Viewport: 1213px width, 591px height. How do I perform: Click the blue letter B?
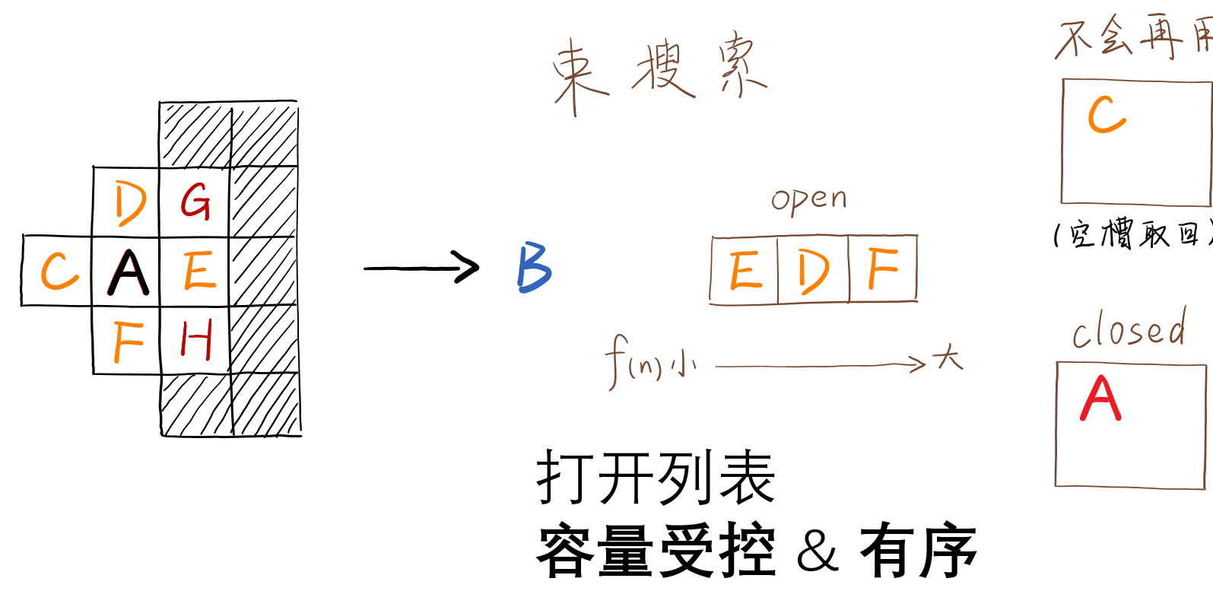tap(534, 268)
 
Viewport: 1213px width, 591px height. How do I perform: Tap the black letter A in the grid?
tap(128, 272)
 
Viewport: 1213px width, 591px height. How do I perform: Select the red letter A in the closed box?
tap(1100, 399)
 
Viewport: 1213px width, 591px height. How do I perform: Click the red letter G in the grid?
tap(195, 202)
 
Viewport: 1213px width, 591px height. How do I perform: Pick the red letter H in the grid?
tap(195, 339)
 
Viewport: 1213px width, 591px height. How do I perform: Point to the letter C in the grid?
tap(59, 272)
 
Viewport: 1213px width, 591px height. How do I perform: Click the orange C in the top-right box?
tap(1106, 115)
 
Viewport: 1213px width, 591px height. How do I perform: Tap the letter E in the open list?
tap(745, 271)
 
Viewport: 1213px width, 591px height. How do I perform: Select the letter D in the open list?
tap(812, 272)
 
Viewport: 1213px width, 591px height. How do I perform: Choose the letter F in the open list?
tap(883, 269)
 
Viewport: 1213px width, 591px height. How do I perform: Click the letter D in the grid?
tap(129, 203)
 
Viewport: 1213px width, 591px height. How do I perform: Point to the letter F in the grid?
tap(128, 342)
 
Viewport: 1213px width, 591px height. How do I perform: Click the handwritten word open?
tap(808, 200)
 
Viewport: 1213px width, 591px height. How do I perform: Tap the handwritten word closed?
tap(1129, 329)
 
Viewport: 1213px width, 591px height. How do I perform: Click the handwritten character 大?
tap(948, 357)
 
